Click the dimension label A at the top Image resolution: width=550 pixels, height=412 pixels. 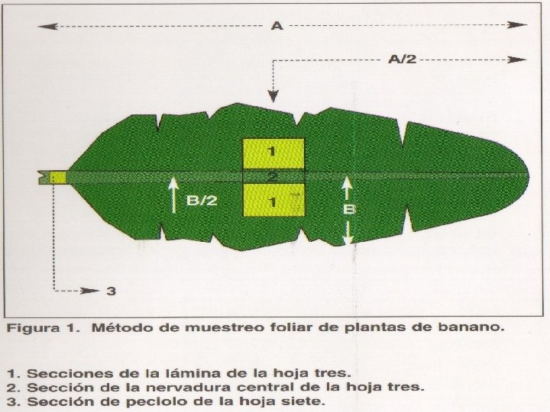click(x=277, y=27)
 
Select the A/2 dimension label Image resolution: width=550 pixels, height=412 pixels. click(x=403, y=60)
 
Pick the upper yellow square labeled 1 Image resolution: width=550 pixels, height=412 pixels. click(x=273, y=154)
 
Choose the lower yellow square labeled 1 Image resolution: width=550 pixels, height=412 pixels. click(x=273, y=200)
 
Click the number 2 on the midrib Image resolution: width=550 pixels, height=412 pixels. click(x=273, y=177)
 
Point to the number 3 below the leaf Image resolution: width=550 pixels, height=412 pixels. click(x=111, y=291)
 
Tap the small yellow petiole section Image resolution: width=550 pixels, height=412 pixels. click(x=57, y=177)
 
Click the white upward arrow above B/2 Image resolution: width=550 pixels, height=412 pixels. click(x=174, y=188)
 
